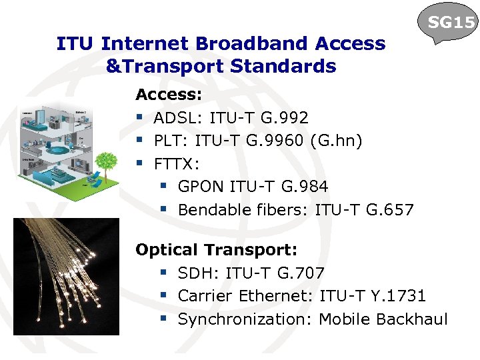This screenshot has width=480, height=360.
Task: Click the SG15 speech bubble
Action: (x=451, y=24)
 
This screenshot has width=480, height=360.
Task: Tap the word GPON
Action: (x=201, y=187)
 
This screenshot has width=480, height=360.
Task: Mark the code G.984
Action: (x=304, y=187)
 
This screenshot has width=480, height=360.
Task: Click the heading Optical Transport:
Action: (x=216, y=250)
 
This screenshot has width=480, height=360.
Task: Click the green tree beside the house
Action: (x=106, y=163)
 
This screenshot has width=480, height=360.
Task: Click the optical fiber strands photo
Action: (x=66, y=276)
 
